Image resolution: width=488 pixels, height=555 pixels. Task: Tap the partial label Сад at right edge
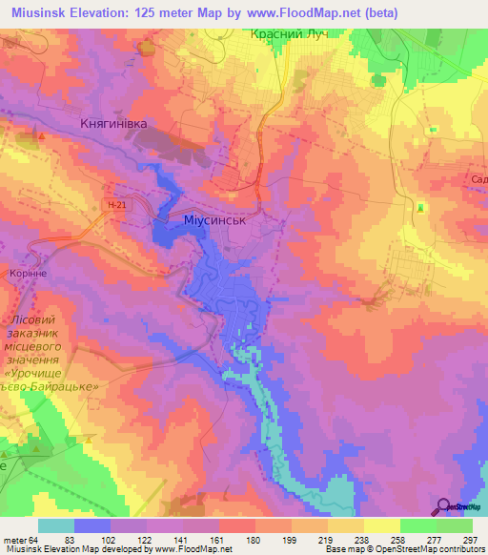[478, 178]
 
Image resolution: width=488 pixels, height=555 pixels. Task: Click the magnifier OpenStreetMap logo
[444, 508]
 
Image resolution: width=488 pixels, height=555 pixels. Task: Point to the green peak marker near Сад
[420, 207]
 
